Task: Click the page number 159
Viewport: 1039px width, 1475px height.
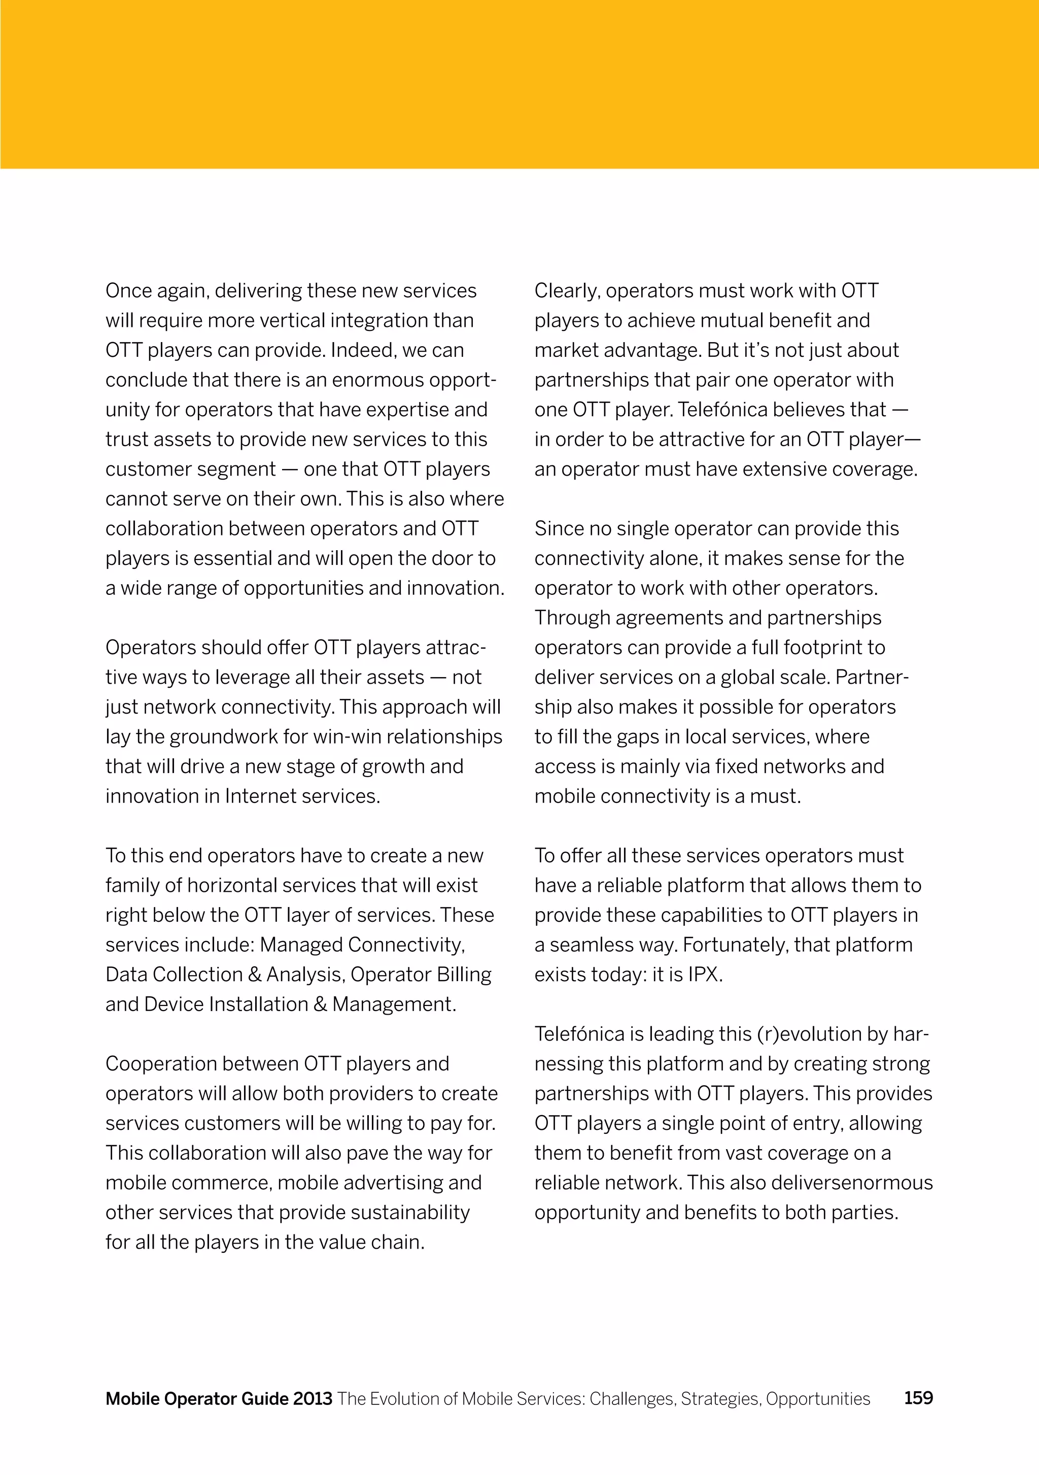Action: point(918,1397)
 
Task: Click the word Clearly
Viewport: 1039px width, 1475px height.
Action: point(567,291)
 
